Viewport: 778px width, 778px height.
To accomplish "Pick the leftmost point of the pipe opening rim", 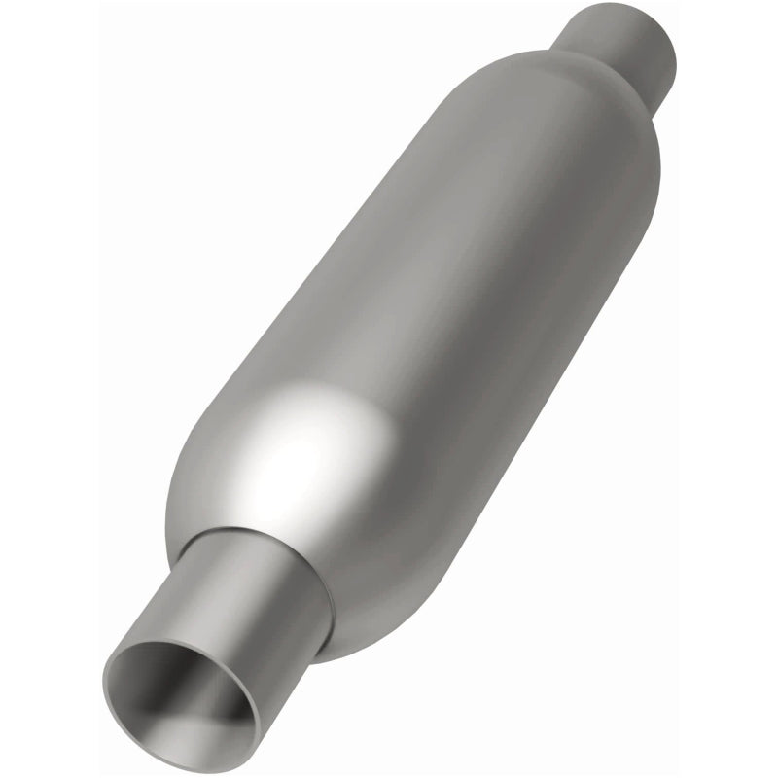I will [105, 671].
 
